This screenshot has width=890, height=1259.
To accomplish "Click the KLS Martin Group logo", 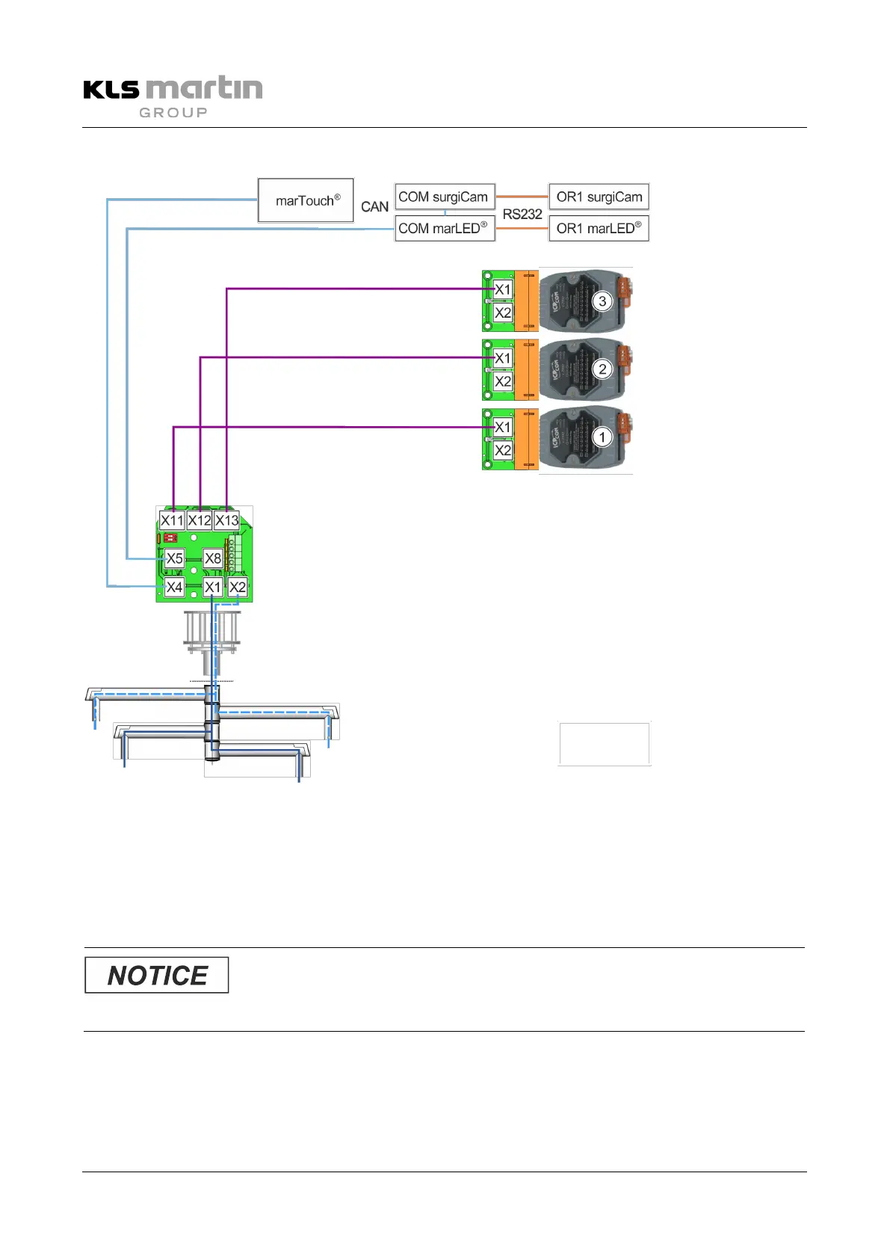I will click(173, 96).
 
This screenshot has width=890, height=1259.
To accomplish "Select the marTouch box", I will click(306, 200).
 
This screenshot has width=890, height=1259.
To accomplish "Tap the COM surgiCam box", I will click(445, 197).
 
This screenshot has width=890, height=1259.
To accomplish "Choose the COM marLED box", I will click(445, 228).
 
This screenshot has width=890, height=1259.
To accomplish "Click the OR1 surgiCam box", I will click(599, 197).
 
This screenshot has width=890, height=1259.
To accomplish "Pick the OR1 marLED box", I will click(599, 228).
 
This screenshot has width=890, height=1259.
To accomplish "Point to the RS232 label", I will click(522, 215).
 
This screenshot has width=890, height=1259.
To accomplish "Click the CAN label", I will click(374, 207).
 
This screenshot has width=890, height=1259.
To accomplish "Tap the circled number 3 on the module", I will click(602, 301).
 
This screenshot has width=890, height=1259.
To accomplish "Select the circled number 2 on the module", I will click(602, 369).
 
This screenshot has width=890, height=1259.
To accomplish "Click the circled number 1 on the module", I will click(602, 437).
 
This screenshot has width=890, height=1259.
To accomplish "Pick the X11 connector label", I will click(172, 520).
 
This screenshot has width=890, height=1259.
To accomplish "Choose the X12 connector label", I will click(200, 520).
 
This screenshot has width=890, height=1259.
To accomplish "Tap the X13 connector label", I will click(227, 520).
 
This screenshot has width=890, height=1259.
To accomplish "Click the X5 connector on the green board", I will click(174, 558).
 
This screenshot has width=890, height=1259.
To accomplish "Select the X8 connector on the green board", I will click(213, 558).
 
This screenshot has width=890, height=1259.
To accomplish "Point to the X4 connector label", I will click(174, 588).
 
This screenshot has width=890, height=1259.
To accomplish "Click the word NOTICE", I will click(157, 976).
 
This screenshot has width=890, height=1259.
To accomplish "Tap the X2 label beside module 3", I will click(503, 313).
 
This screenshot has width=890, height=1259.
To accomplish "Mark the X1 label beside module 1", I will click(503, 428).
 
